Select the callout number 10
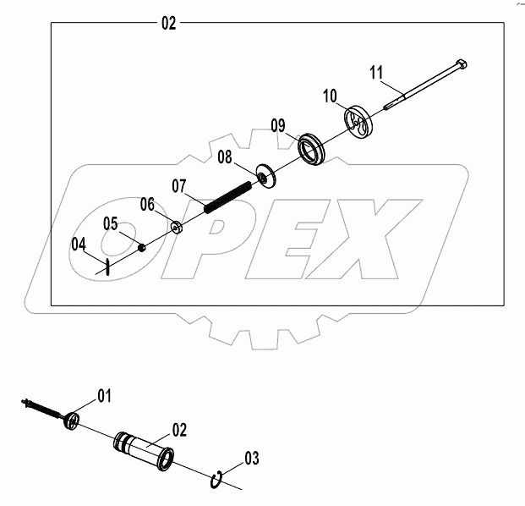pyautogui.click(x=329, y=95)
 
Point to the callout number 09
pyautogui.click(x=282, y=126)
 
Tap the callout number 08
pyautogui.click(x=225, y=157)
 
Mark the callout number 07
pyautogui.click(x=180, y=184)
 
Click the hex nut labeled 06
pyautogui.click(x=178, y=227)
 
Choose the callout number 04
pyautogui.click(x=79, y=244)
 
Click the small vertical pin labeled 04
pyautogui.click(x=109, y=267)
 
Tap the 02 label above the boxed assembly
pyautogui.click(x=168, y=24)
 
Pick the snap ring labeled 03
pyautogui.click(x=217, y=481)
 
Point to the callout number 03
pyautogui.click(x=252, y=459)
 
